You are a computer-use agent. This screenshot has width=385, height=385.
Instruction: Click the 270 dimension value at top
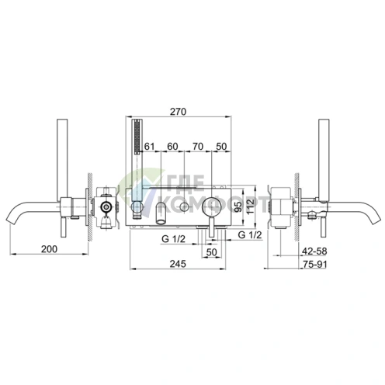pos(178,112)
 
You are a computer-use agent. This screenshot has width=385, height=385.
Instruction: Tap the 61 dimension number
pos(149,147)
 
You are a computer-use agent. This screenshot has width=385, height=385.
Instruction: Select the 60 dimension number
pos(172,147)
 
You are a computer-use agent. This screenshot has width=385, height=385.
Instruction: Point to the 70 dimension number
pos(198,147)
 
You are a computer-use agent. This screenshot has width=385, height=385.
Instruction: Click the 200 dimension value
pos(49,249)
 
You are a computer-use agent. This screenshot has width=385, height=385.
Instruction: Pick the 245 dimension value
pos(178,264)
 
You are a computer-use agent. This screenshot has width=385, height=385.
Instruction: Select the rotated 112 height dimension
pos(251,206)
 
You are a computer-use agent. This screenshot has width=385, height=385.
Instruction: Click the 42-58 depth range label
pos(314,251)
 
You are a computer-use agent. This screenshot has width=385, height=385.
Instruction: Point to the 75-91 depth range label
pos(315,264)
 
